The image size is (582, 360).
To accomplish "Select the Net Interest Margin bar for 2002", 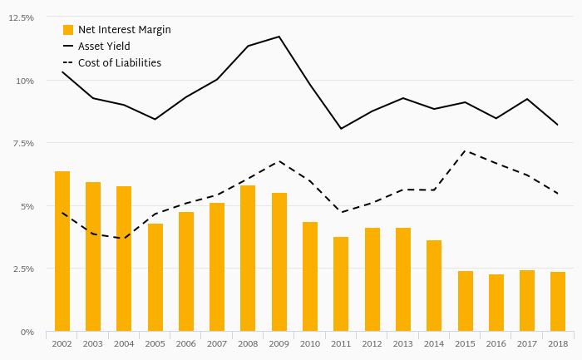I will [62, 251].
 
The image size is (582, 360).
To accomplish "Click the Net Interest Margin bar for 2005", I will [155, 278].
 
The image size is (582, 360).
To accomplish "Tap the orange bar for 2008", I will [248, 259].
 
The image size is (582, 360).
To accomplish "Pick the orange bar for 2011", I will [341, 284].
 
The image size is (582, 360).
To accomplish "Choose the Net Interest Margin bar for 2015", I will [466, 301].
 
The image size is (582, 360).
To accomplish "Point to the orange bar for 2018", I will [558, 302].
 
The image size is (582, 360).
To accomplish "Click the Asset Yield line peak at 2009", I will [279, 37].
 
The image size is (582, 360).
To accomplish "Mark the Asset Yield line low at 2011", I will [341, 129].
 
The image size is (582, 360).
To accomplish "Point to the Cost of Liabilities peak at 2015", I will [466, 151].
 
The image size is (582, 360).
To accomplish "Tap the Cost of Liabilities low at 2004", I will [124, 239].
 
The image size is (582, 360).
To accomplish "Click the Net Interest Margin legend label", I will [124, 30].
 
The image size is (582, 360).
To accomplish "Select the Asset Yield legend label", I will [104, 47].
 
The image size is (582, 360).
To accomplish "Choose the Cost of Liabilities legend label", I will [119, 63].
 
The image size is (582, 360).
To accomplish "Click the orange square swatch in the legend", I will [68, 30].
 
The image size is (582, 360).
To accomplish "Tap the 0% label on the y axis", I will [27, 332].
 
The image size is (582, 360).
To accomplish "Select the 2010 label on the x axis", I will [310, 343].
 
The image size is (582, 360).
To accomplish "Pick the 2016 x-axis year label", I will [496, 343].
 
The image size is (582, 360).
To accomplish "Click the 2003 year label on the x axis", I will [93, 343].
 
